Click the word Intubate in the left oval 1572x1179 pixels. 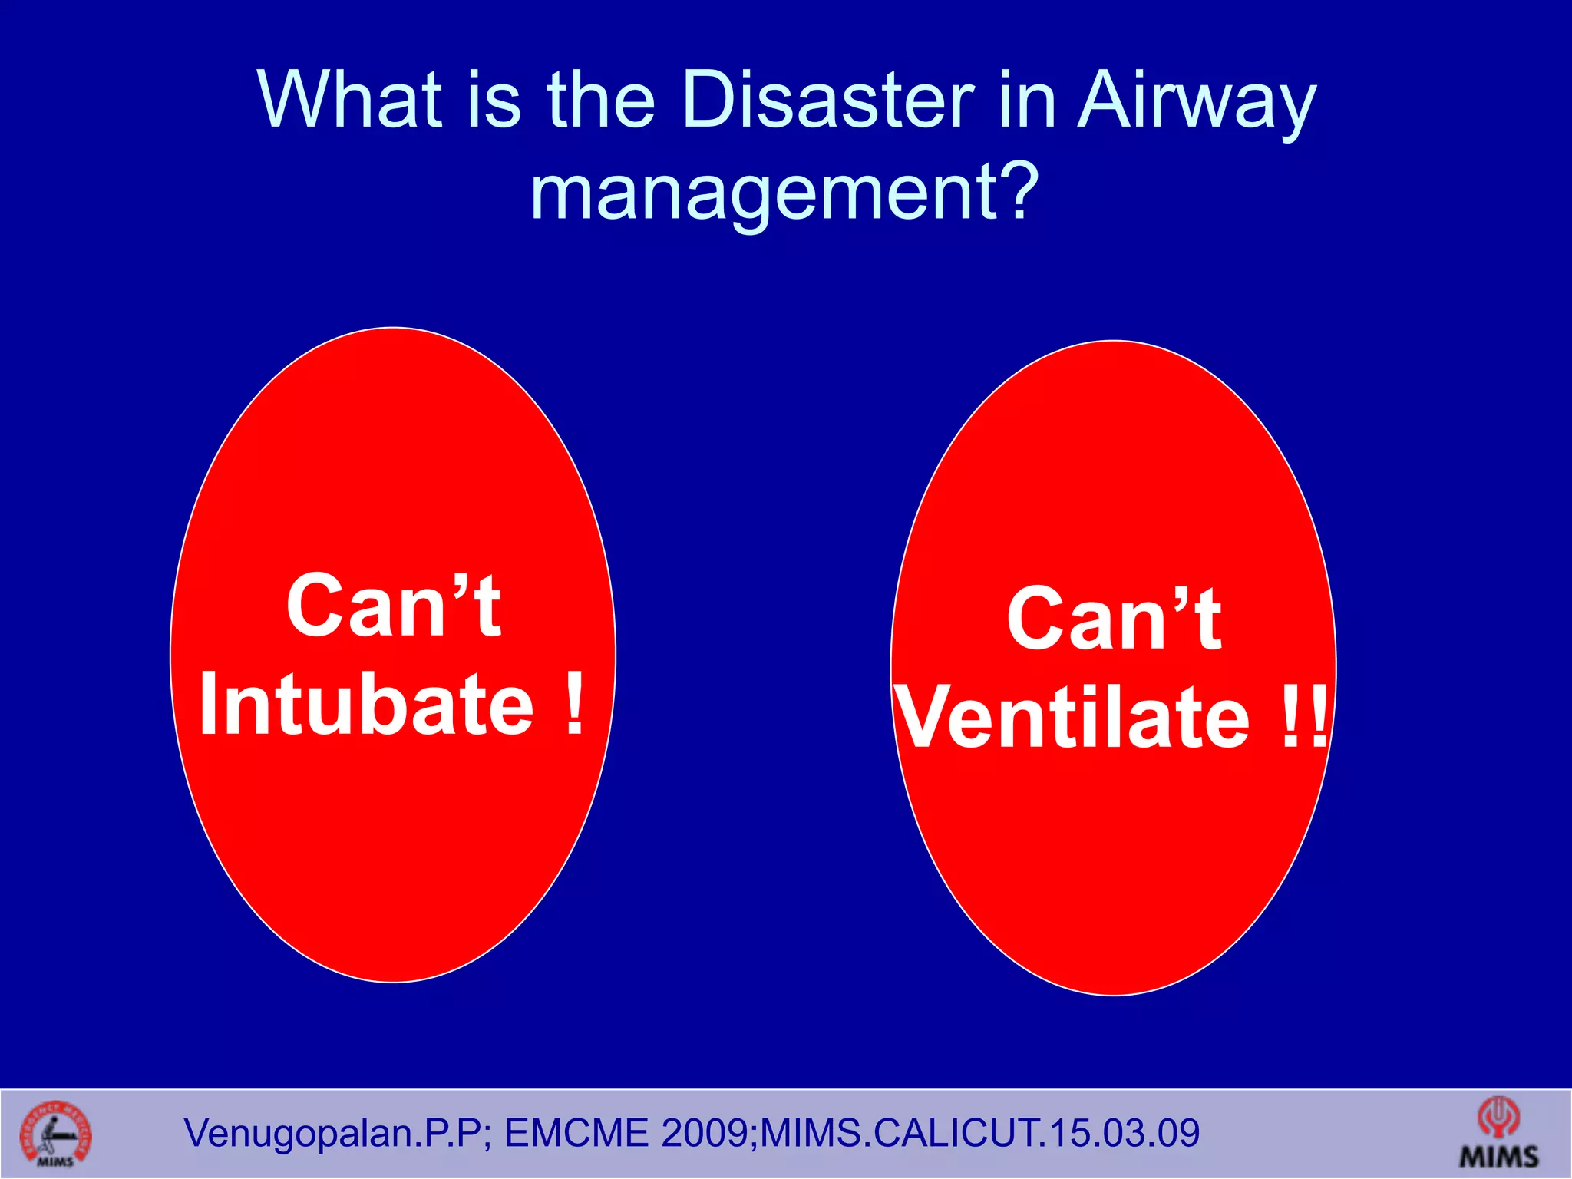click(366, 703)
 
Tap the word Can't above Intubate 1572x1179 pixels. click(393, 606)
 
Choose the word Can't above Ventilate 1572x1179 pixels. click(1114, 619)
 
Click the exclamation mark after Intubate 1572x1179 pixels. click(574, 703)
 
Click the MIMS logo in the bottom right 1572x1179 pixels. click(1498, 1134)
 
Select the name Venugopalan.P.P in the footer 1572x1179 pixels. click(334, 1134)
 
